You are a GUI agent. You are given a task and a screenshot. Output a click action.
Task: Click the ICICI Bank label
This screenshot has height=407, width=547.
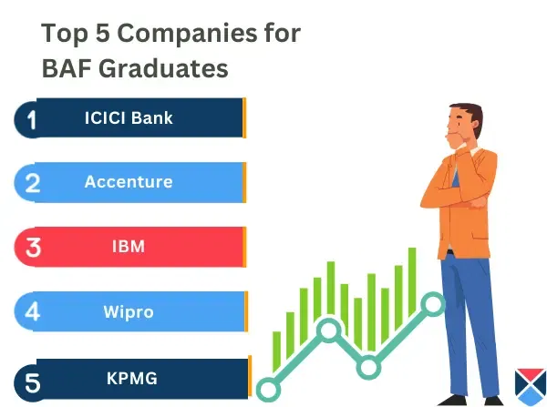coord(129,117)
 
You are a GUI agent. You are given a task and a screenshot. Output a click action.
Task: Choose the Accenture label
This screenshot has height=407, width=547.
coord(129,181)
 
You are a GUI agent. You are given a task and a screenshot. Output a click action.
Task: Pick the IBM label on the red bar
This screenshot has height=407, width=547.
coord(129,246)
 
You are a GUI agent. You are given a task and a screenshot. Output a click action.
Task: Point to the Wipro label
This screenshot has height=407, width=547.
coord(129,311)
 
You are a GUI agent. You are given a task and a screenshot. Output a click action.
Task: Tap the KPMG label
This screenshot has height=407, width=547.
coord(129,375)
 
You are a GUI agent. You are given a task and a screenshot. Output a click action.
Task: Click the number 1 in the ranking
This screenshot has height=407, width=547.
coord(32,119)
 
